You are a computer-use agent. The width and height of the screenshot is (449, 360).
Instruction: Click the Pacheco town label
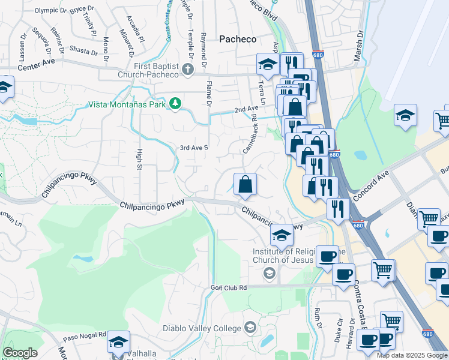(237, 39)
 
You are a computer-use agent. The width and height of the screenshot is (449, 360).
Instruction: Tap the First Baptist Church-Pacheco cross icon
(187, 69)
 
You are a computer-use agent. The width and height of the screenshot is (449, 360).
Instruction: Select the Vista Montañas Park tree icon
(175, 104)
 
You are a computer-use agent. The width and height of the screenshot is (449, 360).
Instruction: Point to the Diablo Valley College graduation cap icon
(250, 328)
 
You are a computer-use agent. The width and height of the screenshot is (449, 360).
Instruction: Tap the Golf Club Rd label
(229, 287)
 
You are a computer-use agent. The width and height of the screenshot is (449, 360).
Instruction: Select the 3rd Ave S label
(194, 148)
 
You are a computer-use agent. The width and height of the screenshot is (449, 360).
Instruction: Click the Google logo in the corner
(20, 353)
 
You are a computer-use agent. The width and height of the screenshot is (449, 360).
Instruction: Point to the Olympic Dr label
(51, 10)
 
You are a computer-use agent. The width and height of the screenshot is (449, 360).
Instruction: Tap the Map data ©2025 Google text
(412, 355)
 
